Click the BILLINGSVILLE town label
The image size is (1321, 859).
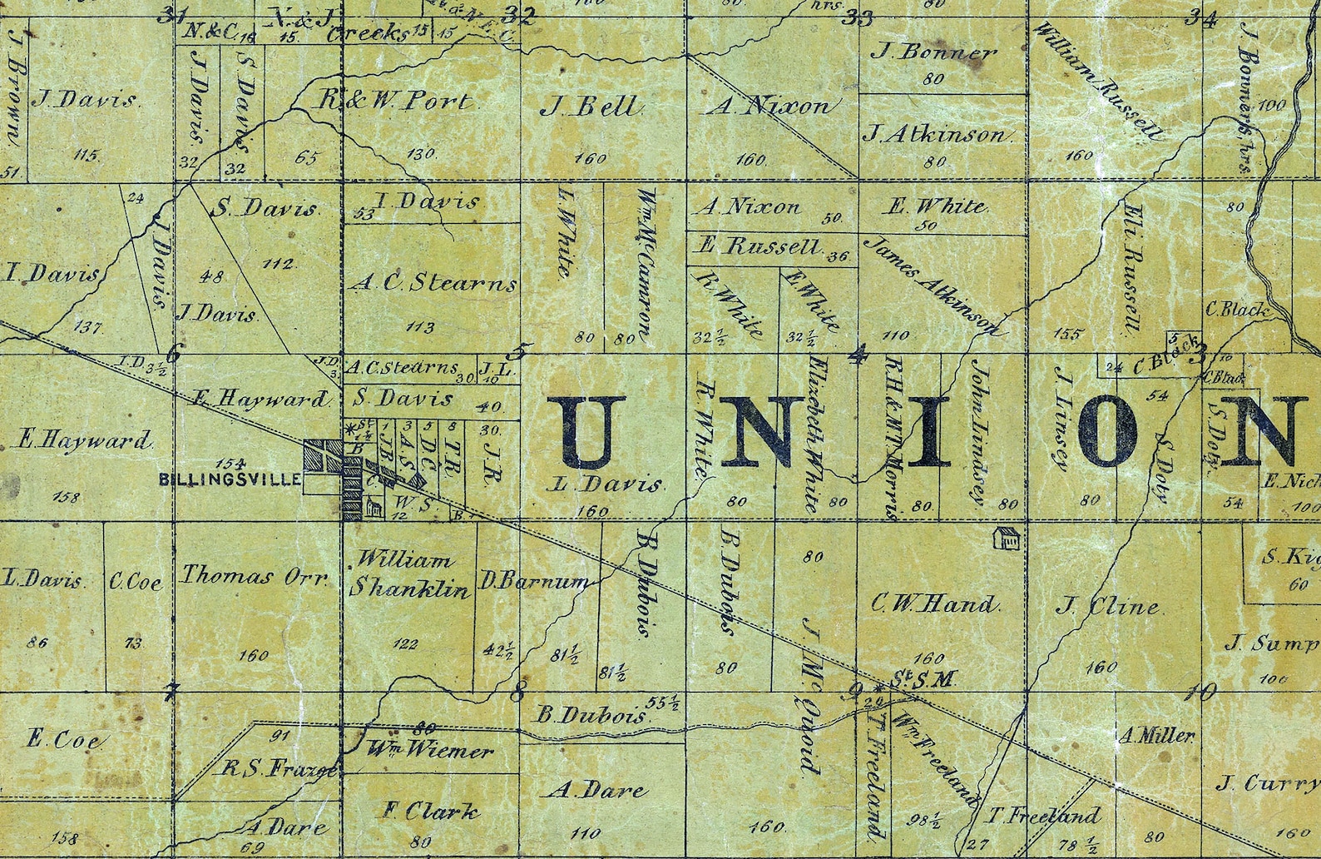click(x=240, y=479)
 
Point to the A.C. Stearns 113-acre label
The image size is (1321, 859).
click(x=433, y=285)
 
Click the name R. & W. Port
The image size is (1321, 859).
click(x=396, y=102)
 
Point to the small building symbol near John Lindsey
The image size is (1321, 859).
click(x=1007, y=539)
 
